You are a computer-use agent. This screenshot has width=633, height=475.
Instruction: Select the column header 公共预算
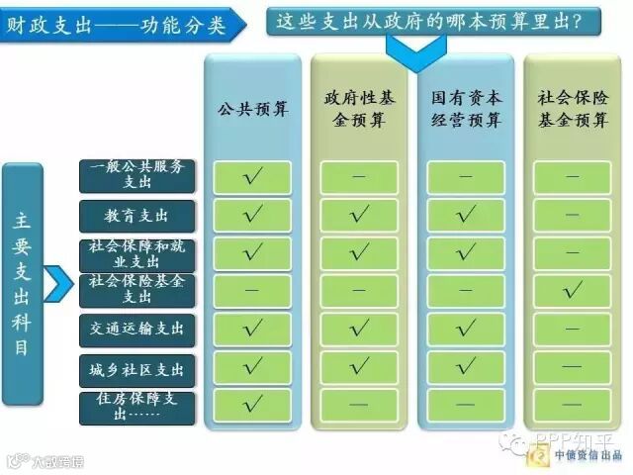click(x=252, y=109)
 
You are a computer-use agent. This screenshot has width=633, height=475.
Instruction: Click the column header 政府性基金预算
click(x=359, y=109)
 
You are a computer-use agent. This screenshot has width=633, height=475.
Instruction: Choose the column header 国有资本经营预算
click(x=466, y=109)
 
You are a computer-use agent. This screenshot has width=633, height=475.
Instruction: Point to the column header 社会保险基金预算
click(x=573, y=109)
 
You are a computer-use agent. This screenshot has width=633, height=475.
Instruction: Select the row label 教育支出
click(x=137, y=215)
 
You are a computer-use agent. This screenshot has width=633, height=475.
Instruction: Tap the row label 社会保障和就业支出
click(x=137, y=253)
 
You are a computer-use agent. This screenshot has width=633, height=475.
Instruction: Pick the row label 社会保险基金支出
click(x=137, y=290)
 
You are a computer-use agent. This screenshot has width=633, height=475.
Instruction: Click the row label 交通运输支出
click(x=137, y=329)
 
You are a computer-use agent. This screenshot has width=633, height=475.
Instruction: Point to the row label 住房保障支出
click(x=137, y=406)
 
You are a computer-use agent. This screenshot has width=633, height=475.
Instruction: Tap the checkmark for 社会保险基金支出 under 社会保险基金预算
click(x=573, y=290)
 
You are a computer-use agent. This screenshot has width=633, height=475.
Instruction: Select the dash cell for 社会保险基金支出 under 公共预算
click(x=252, y=291)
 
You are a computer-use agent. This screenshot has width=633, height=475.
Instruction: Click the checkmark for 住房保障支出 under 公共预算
click(x=252, y=404)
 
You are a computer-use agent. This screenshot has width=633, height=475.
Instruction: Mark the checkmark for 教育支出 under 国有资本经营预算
click(x=466, y=215)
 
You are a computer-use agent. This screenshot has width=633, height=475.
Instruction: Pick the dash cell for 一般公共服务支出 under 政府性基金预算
click(x=359, y=177)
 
